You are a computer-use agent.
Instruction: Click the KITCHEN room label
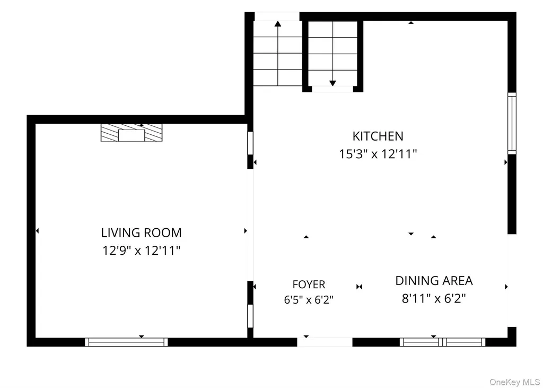(x=378, y=136)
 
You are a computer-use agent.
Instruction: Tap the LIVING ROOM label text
(x=141, y=232)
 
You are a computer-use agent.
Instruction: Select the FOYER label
(x=309, y=284)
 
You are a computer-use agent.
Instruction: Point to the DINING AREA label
(x=434, y=280)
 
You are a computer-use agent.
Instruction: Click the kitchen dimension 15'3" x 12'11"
(x=378, y=153)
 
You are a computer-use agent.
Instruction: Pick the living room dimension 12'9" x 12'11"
(x=141, y=250)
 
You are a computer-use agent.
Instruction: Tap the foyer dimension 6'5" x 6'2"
(x=309, y=299)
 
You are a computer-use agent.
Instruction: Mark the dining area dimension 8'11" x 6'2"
(x=434, y=298)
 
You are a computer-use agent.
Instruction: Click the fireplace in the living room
(x=132, y=133)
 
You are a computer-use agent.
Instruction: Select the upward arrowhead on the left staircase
(x=278, y=23)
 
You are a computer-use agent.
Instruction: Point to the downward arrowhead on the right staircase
(x=332, y=83)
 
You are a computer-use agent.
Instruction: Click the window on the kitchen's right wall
(x=512, y=123)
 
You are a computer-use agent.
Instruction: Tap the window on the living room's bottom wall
(x=126, y=342)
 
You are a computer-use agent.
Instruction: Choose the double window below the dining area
(x=443, y=342)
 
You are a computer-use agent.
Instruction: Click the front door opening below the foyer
(x=325, y=342)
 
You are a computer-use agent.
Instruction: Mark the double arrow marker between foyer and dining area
(x=359, y=287)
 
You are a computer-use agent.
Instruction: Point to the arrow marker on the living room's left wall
(x=38, y=230)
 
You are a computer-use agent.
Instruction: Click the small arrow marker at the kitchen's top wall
(x=411, y=22)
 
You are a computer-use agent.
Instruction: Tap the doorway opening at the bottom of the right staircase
(x=332, y=89)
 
